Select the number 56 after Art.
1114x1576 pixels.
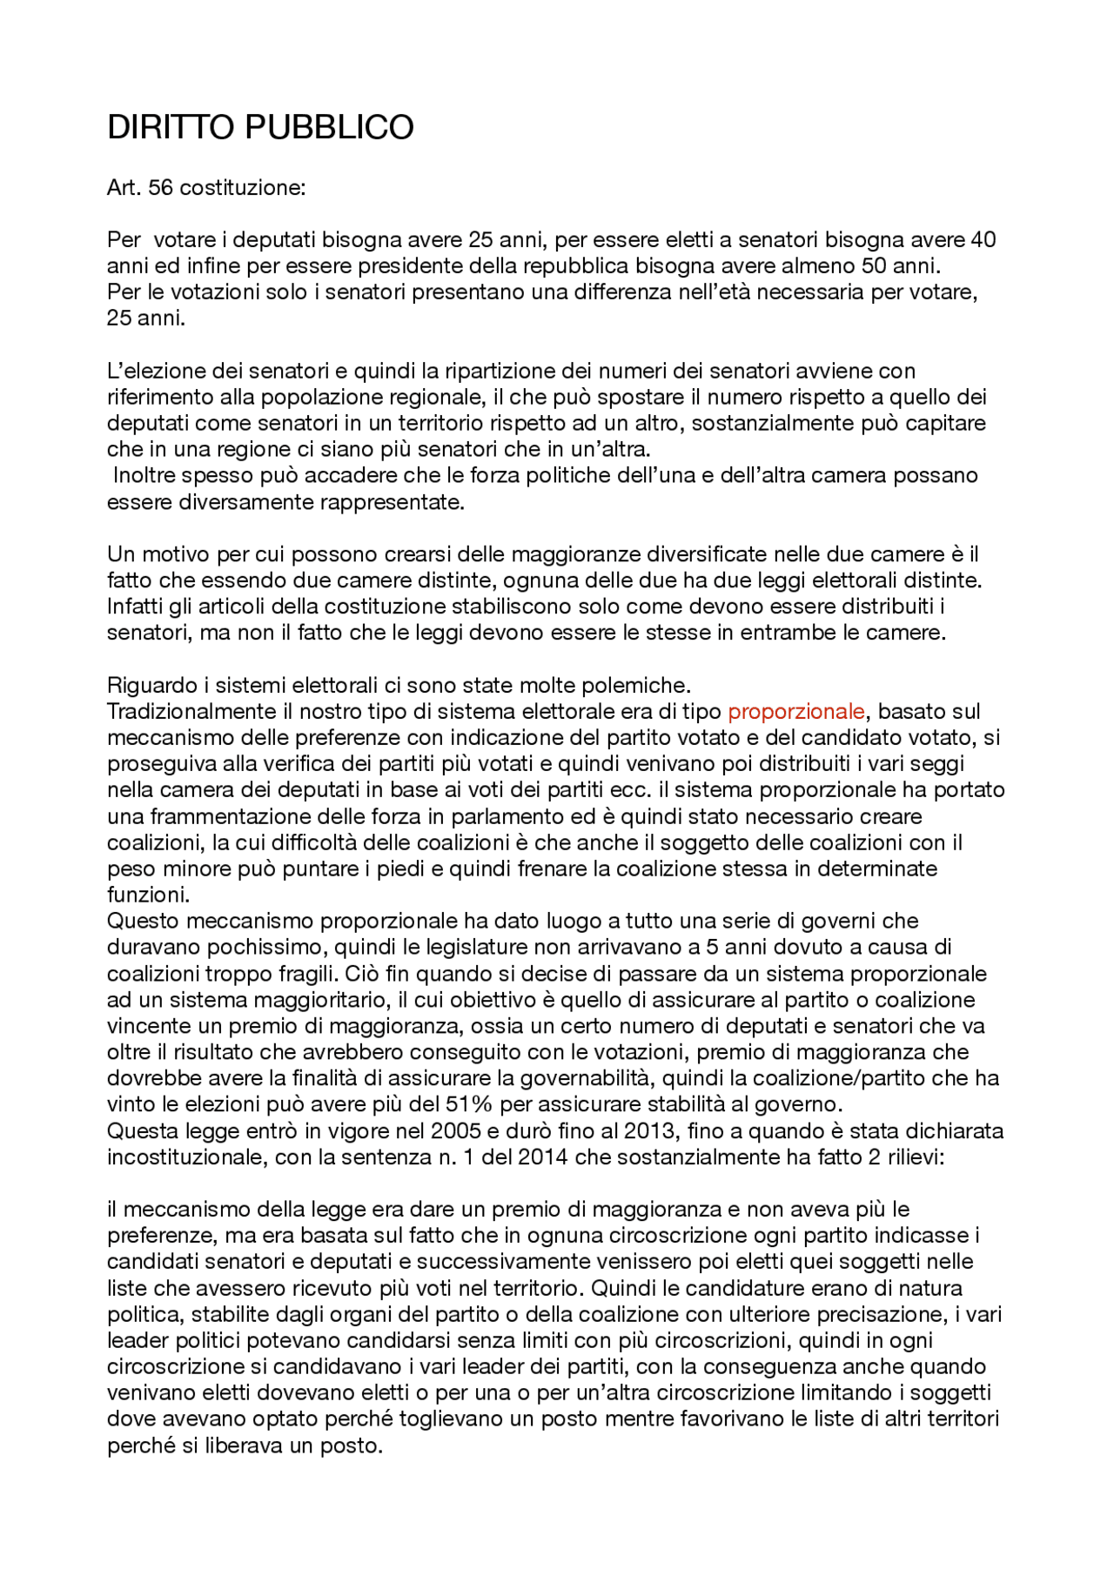point(161,187)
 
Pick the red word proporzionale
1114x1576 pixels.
point(795,711)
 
